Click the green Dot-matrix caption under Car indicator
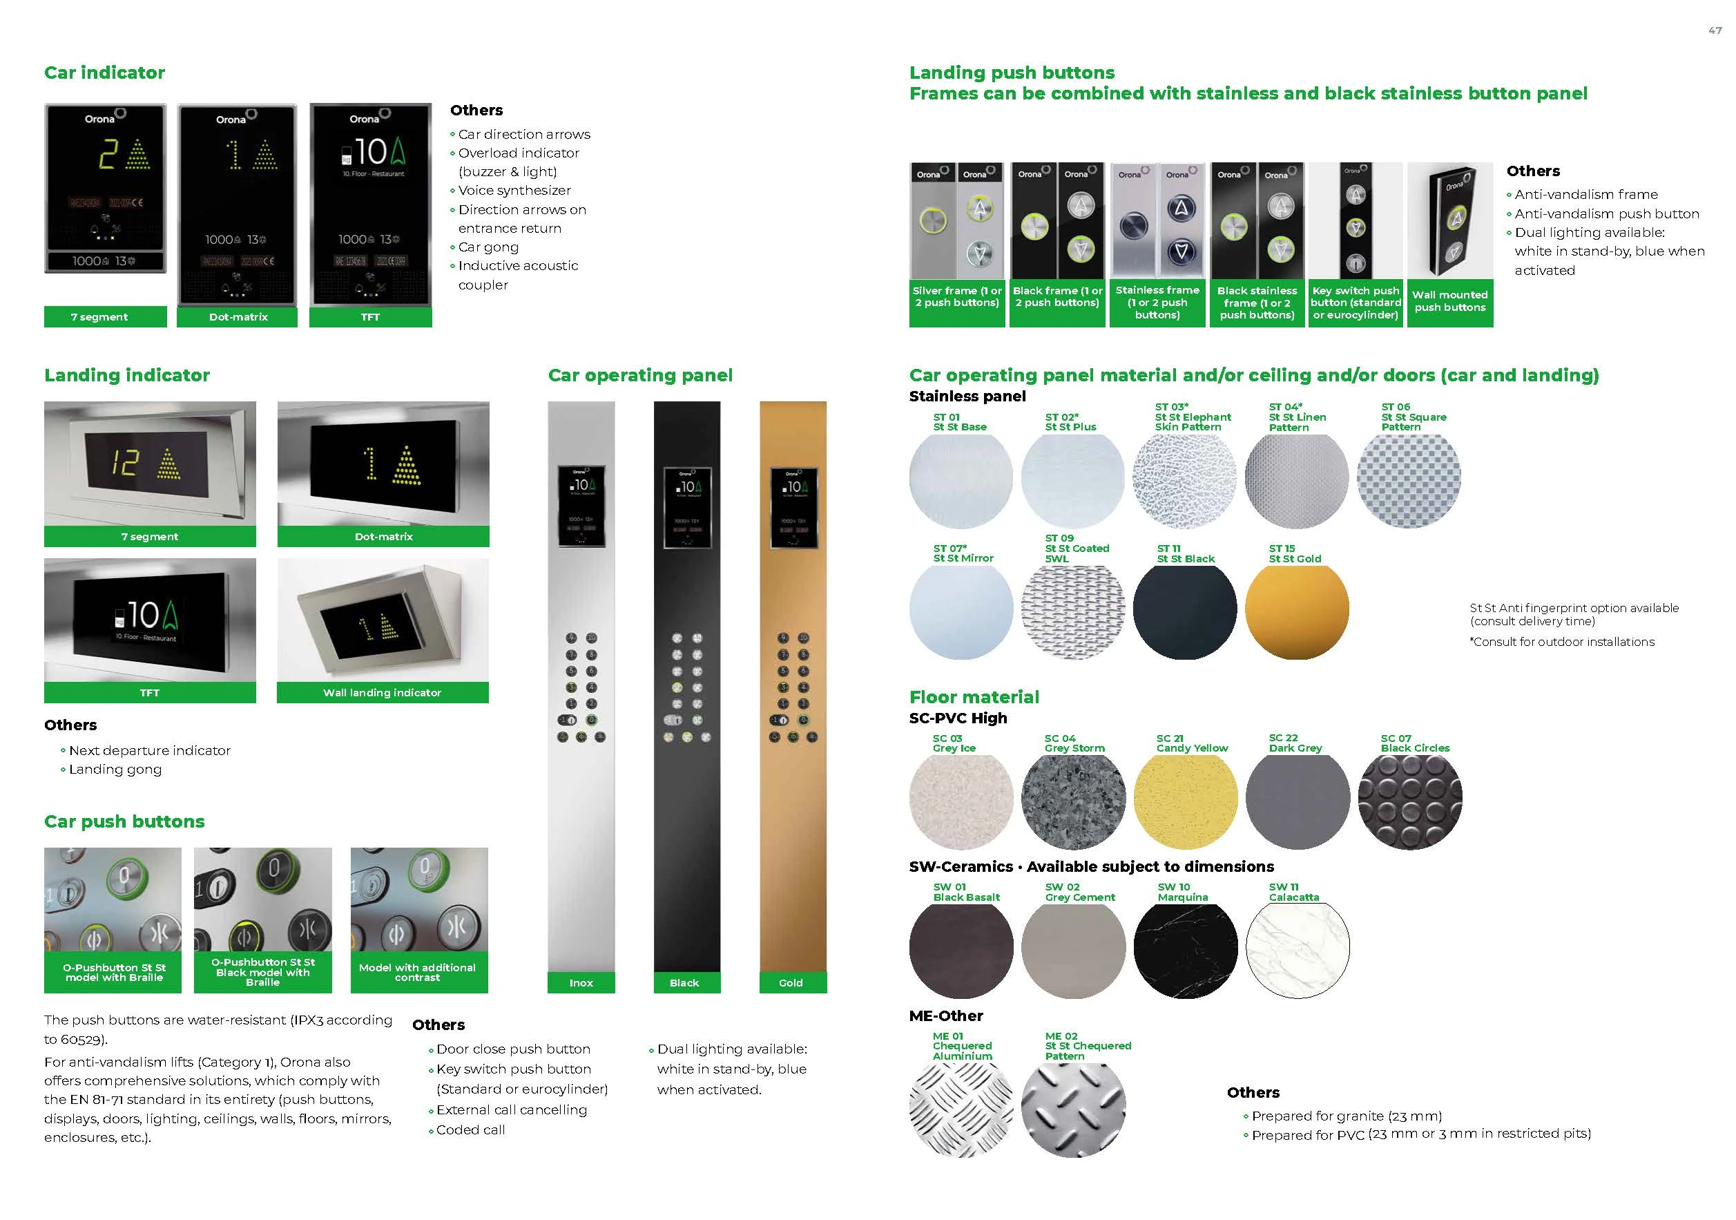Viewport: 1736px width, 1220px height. (x=238, y=317)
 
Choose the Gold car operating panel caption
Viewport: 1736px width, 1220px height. (x=791, y=982)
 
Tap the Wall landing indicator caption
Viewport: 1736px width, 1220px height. (x=382, y=693)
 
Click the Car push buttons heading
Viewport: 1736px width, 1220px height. (x=124, y=821)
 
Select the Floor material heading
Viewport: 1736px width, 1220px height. (x=974, y=696)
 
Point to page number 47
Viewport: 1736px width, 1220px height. (x=1715, y=31)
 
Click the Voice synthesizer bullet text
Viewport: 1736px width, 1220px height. (x=514, y=191)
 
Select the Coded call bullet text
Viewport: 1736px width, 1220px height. (x=470, y=1130)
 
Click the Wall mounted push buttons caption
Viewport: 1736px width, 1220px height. (x=1449, y=301)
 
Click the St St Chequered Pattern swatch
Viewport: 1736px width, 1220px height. (x=1073, y=1108)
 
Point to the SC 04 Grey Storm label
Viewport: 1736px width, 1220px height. (x=1074, y=743)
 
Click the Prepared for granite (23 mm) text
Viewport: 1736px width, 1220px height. (x=1347, y=1116)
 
